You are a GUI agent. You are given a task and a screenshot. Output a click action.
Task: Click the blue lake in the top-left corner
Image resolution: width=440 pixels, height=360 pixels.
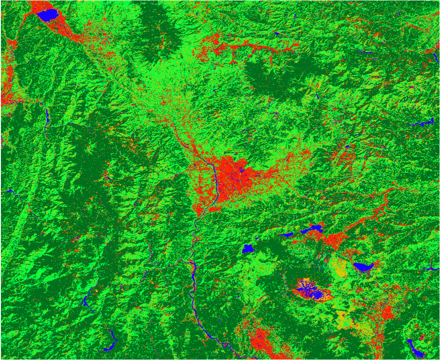48,15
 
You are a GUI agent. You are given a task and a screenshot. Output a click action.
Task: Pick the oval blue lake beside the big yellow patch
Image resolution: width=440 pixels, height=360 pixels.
363,267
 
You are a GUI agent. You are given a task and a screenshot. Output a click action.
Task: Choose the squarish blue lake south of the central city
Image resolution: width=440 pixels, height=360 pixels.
247,248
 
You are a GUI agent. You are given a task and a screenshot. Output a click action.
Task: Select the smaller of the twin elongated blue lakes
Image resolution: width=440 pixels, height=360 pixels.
287,235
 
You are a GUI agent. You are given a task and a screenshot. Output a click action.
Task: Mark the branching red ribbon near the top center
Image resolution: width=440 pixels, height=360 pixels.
236,48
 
